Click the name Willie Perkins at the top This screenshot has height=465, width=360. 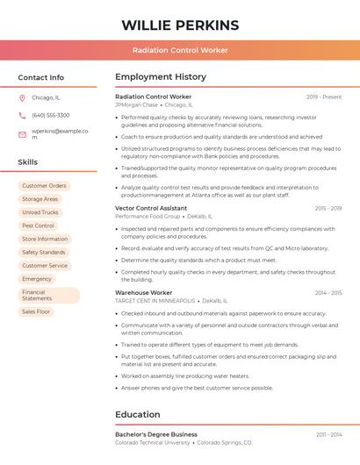click(x=180, y=25)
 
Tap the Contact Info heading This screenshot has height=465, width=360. click(x=41, y=77)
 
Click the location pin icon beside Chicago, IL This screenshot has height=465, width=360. click(x=23, y=98)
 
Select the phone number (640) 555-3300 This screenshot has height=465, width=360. click(x=51, y=115)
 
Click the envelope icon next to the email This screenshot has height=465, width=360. click(x=23, y=134)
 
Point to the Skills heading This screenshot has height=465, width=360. click(x=28, y=162)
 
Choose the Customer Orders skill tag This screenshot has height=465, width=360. click(x=44, y=186)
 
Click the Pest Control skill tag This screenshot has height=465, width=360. click(x=38, y=225)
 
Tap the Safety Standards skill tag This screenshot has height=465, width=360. click(x=44, y=252)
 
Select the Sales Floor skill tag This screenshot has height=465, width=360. click(x=36, y=311)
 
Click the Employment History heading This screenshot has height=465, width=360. click(x=161, y=77)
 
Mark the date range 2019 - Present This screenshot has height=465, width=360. click(x=324, y=97)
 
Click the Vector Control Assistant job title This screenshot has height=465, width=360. click(x=151, y=208)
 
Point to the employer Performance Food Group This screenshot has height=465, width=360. click(x=148, y=216)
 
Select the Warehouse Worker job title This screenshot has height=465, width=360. click(x=144, y=292)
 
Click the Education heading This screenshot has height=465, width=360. click(x=138, y=414)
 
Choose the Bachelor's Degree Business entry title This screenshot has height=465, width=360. click(x=156, y=434)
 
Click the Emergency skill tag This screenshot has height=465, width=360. click(x=37, y=279)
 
